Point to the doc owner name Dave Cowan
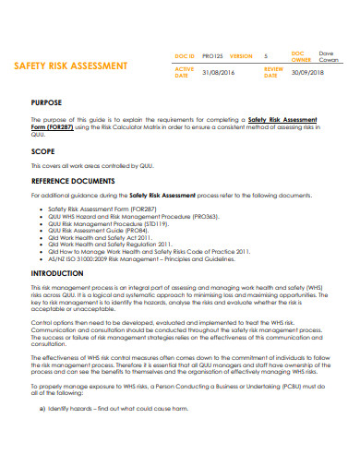click(329, 57)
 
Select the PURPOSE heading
click(47, 102)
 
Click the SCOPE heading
click(42, 150)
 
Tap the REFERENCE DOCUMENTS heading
click(74, 181)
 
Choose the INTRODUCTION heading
click(57, 274)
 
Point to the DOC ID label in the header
click(186, 57)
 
